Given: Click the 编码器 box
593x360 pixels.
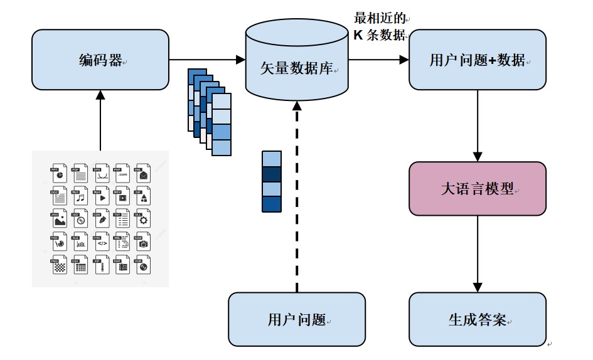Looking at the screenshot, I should tap(100, 60).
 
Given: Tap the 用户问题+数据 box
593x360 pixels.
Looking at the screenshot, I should tap(478, 60).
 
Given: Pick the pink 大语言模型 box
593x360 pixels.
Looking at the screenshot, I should tap(478, 189).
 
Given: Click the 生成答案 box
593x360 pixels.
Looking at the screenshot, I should tap(478, 319).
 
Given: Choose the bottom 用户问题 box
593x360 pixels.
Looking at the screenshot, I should tap(296, 319).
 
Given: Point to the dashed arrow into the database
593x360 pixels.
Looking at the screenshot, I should tap(297, 201).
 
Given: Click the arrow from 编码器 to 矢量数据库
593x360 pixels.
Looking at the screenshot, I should tap(207, 60).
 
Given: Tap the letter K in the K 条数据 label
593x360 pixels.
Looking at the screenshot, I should tap(358, 35).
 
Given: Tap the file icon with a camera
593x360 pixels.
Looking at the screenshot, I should tap(143, 242).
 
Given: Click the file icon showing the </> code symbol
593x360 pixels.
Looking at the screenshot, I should tap(102, 242).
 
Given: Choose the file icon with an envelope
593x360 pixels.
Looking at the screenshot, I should tap(143, 174).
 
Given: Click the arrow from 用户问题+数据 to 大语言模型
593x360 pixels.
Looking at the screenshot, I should tap(478, 125).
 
